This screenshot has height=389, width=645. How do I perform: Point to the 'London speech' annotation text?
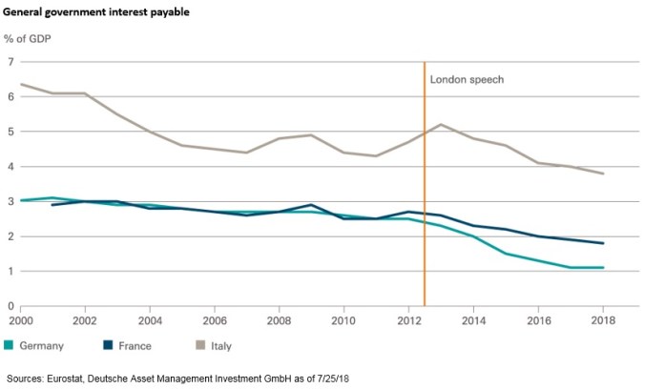[x=467, y=80]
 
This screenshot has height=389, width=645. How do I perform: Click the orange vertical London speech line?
[x=425, y=191]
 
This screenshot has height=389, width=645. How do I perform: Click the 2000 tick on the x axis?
[x=21, y=321]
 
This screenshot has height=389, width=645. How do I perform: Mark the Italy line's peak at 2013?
[x=440, y=124]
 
